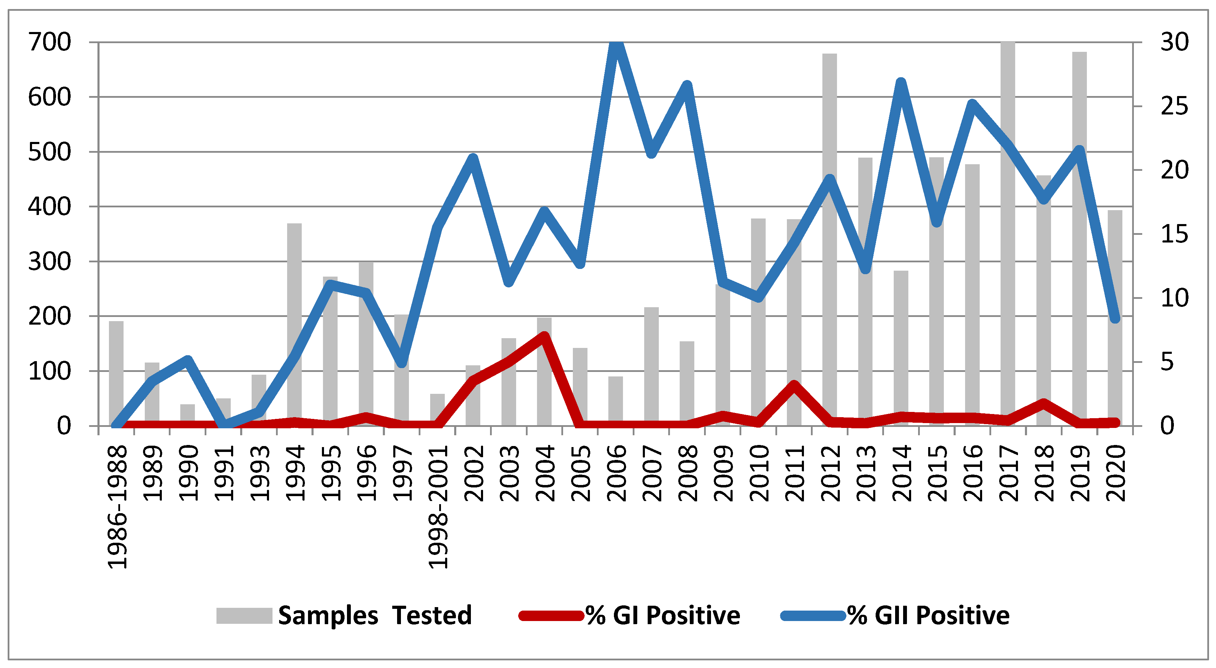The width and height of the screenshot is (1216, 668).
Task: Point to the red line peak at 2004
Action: tap(544, 337)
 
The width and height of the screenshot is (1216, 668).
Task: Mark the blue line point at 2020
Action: tap(1115, 318)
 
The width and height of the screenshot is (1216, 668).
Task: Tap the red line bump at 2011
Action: tap(794, 385)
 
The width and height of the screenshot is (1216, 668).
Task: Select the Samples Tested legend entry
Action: tap(345, 615)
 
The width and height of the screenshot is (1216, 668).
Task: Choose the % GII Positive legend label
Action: tap(928, 615)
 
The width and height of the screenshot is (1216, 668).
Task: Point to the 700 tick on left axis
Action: tap(49, 42)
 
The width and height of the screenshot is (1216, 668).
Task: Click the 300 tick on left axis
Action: tap(49, 262)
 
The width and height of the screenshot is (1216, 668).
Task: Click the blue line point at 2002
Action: tap(473, 158)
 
